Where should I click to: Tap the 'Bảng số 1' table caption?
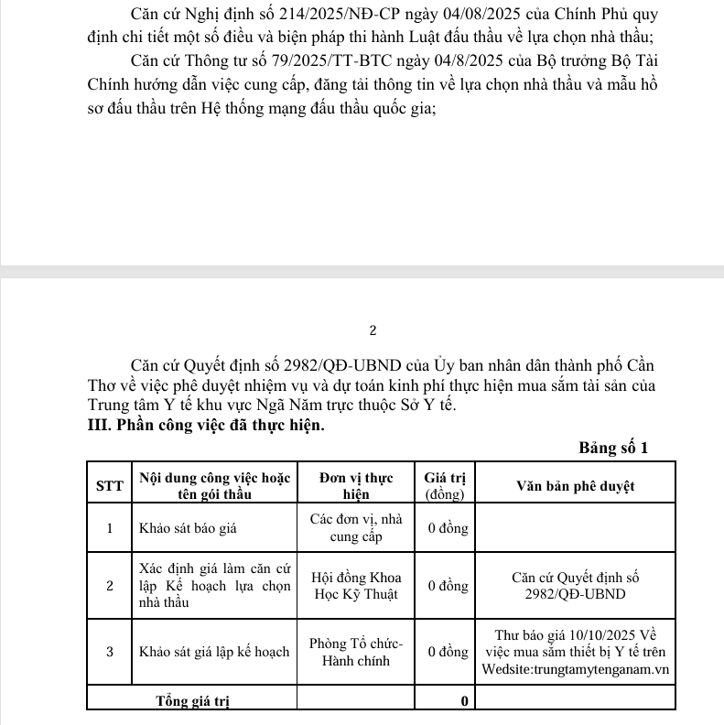[x=613, y=448]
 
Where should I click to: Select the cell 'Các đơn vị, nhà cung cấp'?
[x=355, y=527]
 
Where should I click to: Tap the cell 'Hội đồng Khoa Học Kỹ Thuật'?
[x=355, y=586]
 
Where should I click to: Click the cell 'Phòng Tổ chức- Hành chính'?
[x=355, y=652]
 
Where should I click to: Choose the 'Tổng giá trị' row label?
[x=192, y=701]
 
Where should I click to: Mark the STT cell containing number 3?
[x=110, y=652]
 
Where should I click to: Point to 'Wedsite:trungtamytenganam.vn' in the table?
[x=576, y=669]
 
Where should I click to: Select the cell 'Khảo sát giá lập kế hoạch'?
[x=214, y=652]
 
